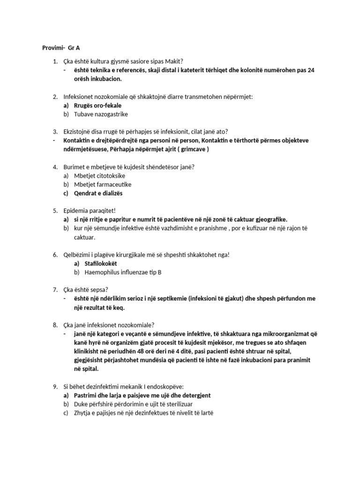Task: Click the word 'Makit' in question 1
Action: click(x=172, y=61)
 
